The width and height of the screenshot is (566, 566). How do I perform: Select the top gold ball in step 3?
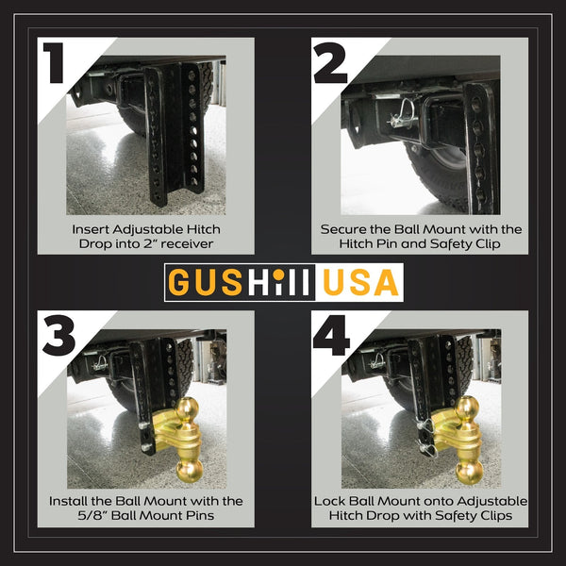click(x=187, y=410)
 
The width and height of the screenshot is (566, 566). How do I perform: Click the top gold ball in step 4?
click(x=466, y=408)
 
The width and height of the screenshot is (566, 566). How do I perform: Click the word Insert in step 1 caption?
click(x=91, y=229)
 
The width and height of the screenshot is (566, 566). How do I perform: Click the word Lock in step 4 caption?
click(x=330, y=501)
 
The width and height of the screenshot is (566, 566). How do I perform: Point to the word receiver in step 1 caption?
click(x=186, y=244)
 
